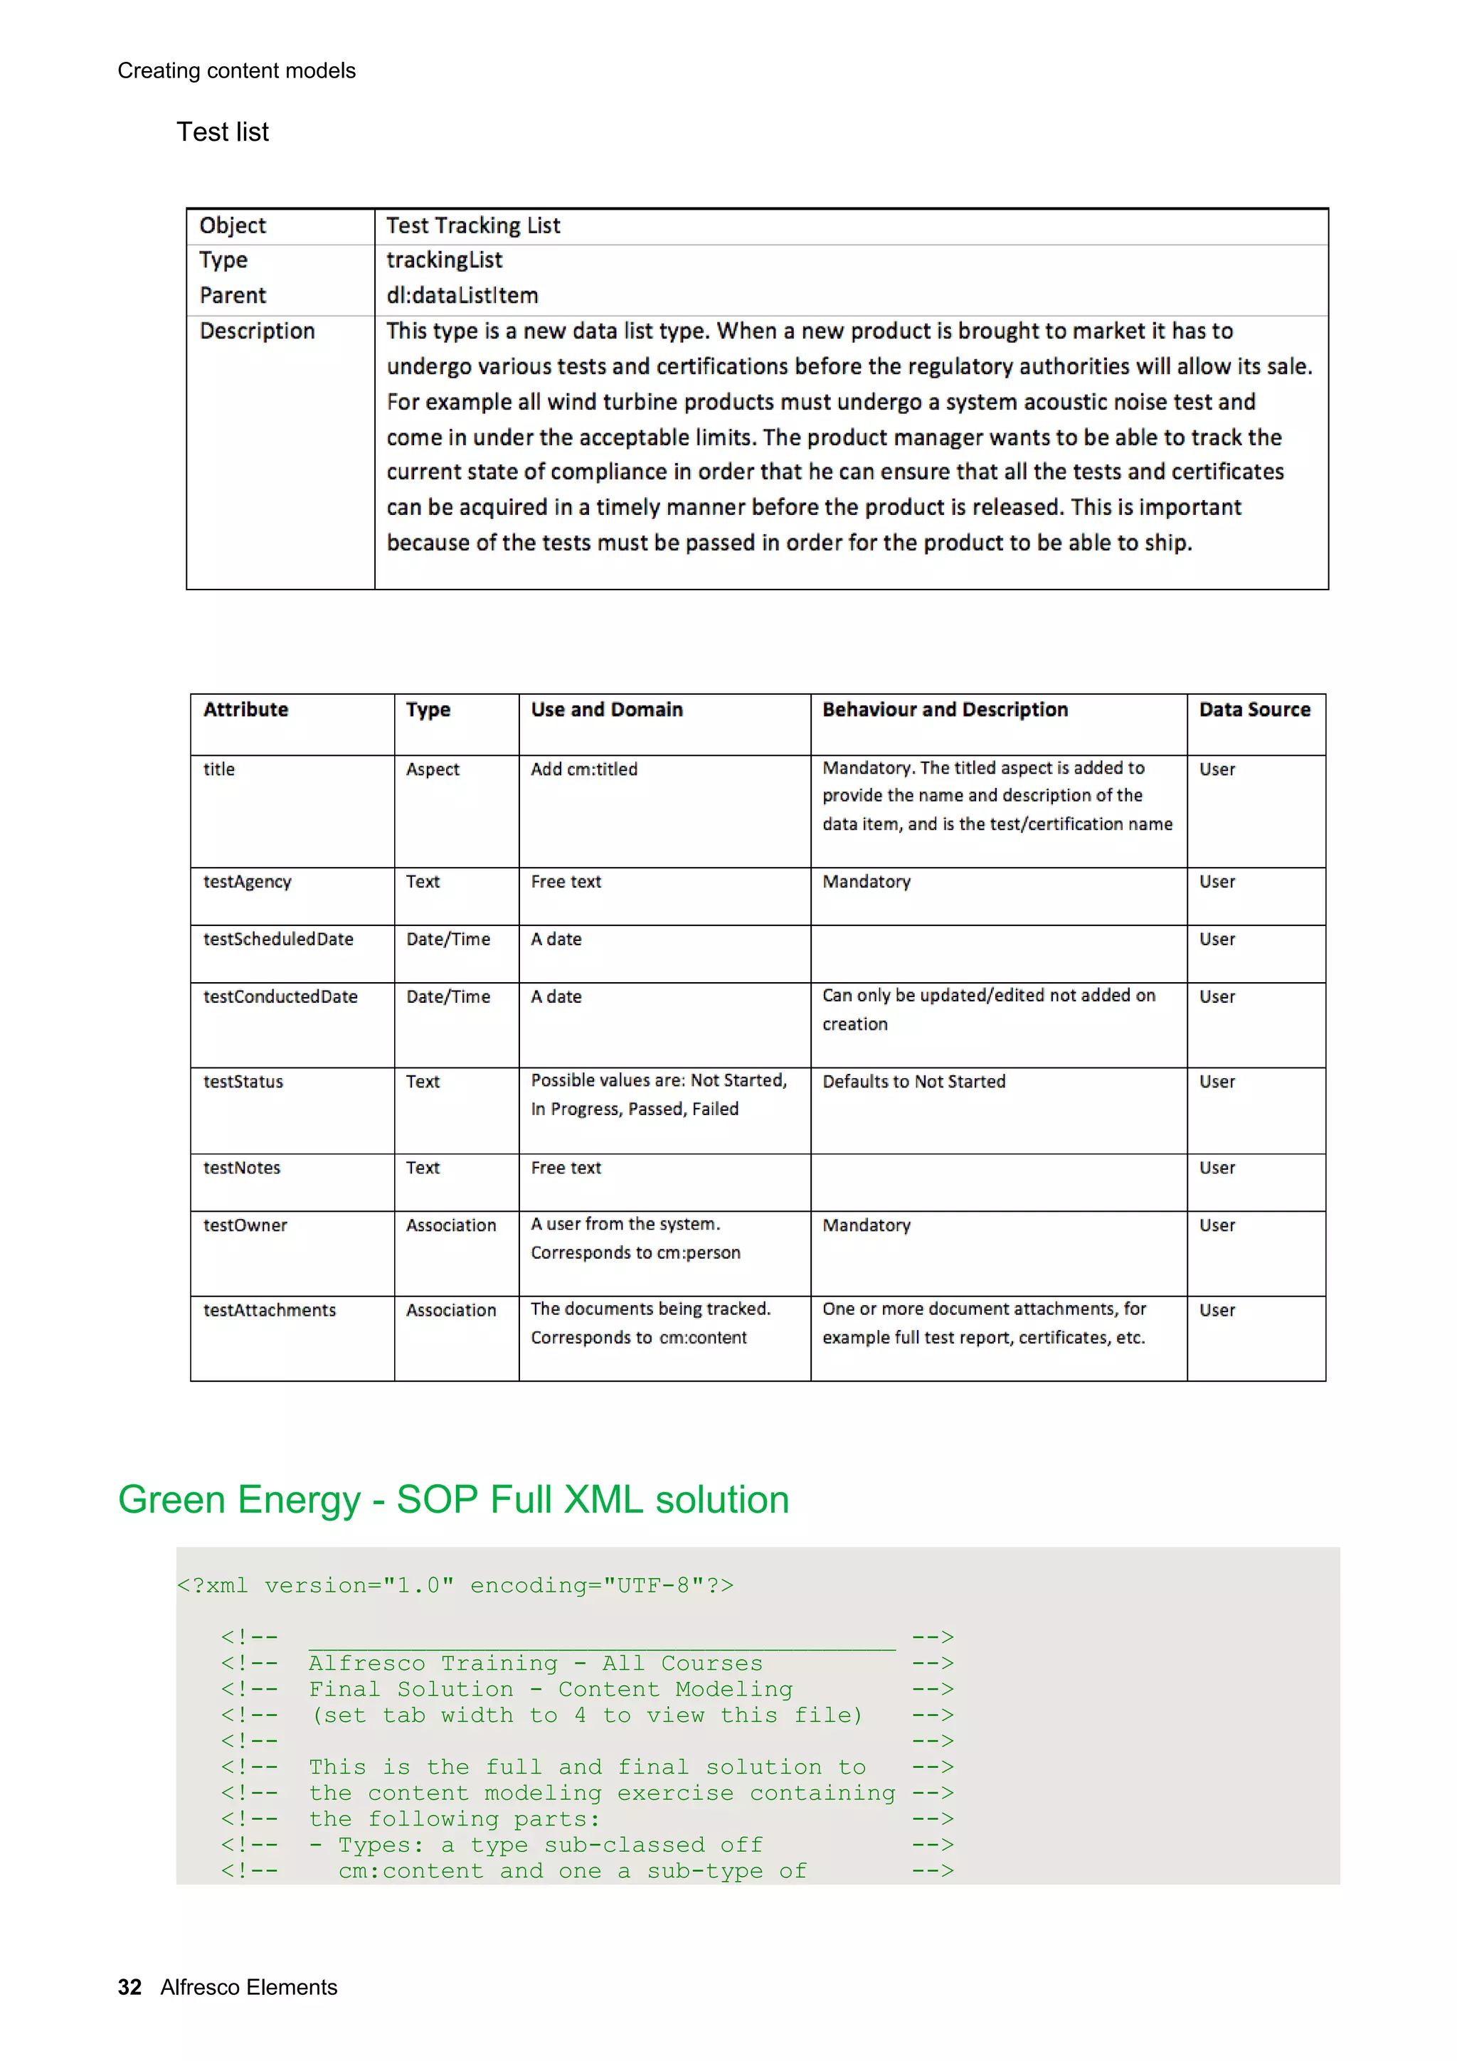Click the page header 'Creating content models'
236,71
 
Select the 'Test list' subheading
222,132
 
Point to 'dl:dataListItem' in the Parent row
462,295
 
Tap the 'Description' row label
257,331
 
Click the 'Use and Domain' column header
606,710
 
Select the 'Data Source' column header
1254,710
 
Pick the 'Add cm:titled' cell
583,769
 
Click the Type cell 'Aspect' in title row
432,769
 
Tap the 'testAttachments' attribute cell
270,1311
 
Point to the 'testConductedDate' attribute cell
280,997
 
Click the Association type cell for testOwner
450,1226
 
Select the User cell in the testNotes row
1217,1168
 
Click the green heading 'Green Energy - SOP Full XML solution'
453,1500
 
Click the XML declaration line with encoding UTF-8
455,1586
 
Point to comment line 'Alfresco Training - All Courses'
535,1663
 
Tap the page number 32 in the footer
129,1987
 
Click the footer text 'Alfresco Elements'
249,1987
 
